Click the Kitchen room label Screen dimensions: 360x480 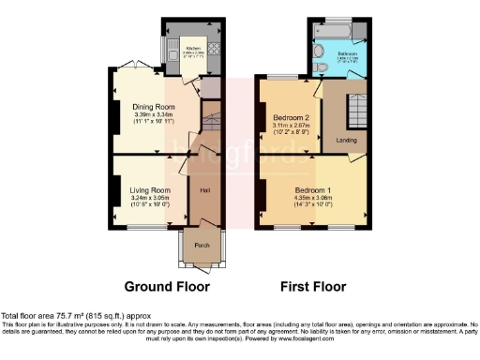pos(193,48)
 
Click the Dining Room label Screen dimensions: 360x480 pos(154,106)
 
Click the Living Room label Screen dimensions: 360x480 pos(150,189)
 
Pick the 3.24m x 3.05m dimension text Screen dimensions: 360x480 pos(150,198)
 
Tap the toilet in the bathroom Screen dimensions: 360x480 pos(321,67)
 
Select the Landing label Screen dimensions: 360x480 pos(346,141)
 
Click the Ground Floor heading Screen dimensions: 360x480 pos(167,286)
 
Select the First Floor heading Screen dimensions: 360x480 pos(314,286)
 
